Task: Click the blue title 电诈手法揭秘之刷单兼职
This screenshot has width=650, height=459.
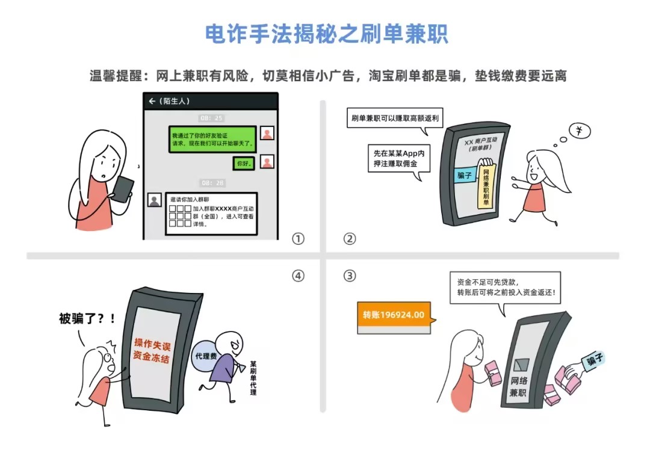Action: [327, 34]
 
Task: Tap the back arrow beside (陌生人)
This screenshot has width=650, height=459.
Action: [152, 101]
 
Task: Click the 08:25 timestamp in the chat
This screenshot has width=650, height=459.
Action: [211, 118]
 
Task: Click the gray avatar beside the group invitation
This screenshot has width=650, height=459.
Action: [155, 200]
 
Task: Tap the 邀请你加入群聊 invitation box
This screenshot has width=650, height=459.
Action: [211, 214]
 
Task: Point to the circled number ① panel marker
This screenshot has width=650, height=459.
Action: [298, 239]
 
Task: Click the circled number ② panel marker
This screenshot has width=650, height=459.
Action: [350, 239]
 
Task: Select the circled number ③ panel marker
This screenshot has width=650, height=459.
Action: [350, 276]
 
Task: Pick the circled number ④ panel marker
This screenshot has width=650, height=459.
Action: [298, 276]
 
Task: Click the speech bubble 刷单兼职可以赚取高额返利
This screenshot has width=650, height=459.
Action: [395, 119]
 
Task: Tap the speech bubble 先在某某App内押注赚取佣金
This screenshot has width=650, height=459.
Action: [399, 159]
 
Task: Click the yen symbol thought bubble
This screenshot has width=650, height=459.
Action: [580, 131]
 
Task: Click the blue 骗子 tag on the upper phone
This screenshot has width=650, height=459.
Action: [464, 176]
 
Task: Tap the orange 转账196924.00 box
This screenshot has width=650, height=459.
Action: [394, 318]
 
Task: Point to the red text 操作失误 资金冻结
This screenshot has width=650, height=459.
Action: [152, 351]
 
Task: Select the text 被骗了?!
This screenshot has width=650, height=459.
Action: [87, 319]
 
